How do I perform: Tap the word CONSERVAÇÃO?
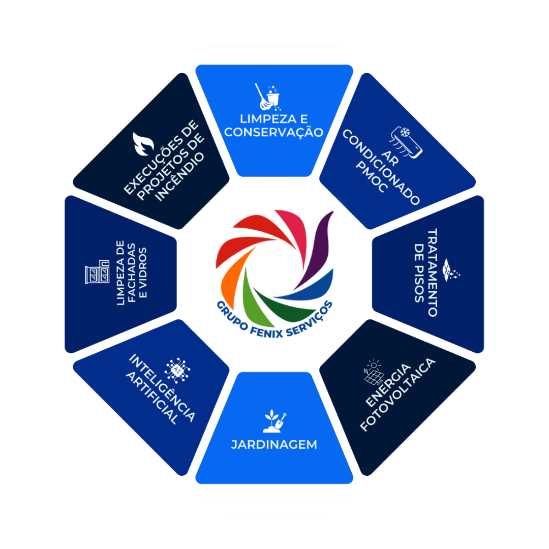[x=274, y=132]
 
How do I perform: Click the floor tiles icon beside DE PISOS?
[x=450, y=270]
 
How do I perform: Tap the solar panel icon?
[x=374, y=374]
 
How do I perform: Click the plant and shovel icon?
[x=274, y=421]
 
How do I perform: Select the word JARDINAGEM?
[x=274, y=445]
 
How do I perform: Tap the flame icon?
[x=143, y=144]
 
